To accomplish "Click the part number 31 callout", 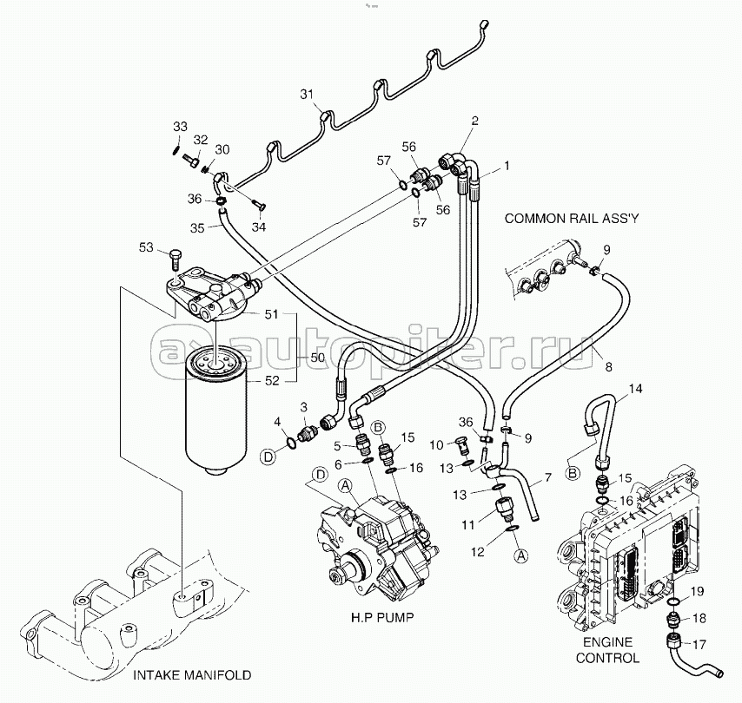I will [306, 94].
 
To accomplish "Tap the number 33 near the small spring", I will [179, 127].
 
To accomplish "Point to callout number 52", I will [271, 378].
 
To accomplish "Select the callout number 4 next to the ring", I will [278, 422].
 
